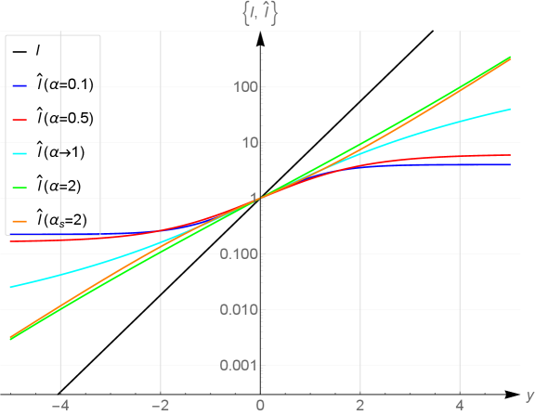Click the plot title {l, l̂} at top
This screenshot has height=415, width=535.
pyautogui.click(x=260, y=13)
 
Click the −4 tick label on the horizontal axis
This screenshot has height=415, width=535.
pyautogui.click(x=60, y=406)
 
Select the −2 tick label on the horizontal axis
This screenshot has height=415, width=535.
pyautogui.click(x=160, y=406)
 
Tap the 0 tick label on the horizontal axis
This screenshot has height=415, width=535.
pyautogui.click(x=260, y=406)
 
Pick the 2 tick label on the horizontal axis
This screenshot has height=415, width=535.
pyautogui.click(x=359, y=406)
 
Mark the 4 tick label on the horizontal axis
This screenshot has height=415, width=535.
pyautogui.click(x=460, y=406)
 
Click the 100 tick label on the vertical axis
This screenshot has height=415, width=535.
pyautogui.click(x=246, y=87)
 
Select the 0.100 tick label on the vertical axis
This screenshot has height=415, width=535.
pyautogui.click(x=241, y=253)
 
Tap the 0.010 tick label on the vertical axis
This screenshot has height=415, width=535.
pyautogui.click(x=241, y=309)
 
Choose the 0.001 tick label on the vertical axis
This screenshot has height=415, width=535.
pyautogui.click(x=241, y=365)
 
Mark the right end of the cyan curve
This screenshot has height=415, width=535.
pyautogui.click(x=510, y=110)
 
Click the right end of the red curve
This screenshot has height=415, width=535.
pyautogui.click(x=510, y=155)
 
